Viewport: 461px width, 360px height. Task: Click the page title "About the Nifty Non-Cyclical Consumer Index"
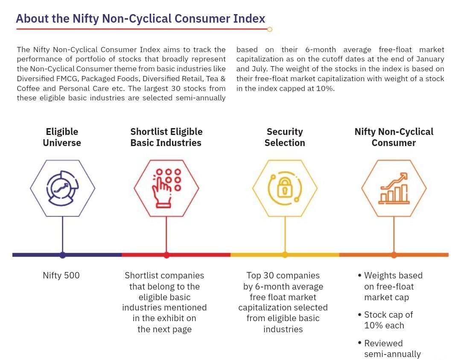[x=140, y=19]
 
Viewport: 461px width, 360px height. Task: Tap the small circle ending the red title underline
[x=269, y=29]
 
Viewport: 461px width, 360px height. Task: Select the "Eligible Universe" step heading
[x=62, y=137]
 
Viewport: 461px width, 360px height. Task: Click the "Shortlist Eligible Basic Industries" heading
[x=166, y=137]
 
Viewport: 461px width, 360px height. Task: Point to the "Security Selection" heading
[x=285, y=137]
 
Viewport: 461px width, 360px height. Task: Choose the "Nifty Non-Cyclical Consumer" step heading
[x=394, y=137]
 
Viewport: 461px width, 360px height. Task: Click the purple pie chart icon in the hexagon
[x=63, y=188]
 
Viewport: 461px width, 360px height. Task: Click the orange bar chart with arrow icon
[x=394, y=188]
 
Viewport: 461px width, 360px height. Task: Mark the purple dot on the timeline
[x=63, y=255]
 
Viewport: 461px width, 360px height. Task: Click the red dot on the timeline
[x=166, y=255]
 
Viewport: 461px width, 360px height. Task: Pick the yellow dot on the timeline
[x=285, y=255]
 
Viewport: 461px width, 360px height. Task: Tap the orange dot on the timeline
[x=394, y=255]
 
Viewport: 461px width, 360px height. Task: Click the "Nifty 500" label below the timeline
[x=61, y=276]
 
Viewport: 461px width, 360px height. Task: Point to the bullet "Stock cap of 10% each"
[x=388, y=320]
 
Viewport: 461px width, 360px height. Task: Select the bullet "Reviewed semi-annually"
[x=392, y=348]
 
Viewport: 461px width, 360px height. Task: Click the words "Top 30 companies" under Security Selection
[x=283, y=276]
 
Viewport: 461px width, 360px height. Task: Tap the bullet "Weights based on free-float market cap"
[x=393, y=287]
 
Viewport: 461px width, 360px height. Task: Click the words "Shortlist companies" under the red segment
[x=164, y=276]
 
